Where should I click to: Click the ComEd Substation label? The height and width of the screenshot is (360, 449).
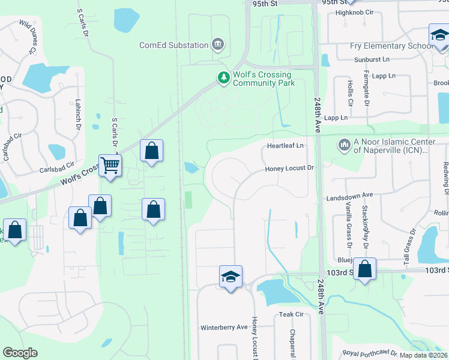[x=173, y=45]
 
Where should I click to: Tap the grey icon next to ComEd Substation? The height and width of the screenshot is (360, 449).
[x=218, y=44]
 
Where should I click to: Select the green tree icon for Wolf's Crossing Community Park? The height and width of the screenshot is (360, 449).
[x=223, y=78]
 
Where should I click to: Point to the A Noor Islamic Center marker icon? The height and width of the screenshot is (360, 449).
[x=344, y=145]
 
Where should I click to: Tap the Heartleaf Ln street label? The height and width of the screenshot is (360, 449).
[x=286, y=146]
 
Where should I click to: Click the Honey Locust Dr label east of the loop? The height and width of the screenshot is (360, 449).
[x=290, y=169]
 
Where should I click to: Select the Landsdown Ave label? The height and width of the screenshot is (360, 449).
[x=349, y=196]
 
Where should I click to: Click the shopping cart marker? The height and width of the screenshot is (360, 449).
[x=110, y=164]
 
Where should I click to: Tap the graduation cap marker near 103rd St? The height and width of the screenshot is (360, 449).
[x=231, y=277]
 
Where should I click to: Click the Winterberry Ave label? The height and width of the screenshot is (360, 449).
[x=224, y=328]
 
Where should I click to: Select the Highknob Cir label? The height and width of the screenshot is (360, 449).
[x=355, y=12]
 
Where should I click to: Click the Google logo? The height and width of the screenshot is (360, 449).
[x=20, y=353]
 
